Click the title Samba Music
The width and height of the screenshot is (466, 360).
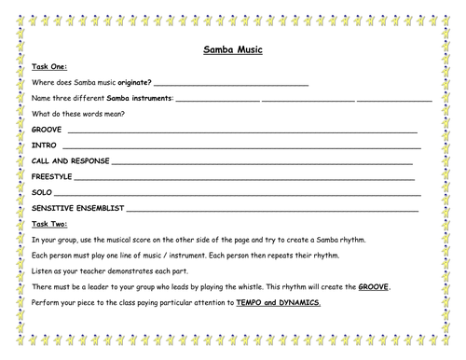pos(232,50)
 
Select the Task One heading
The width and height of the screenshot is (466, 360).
pos(48,67)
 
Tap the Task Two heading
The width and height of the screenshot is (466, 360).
pos(48,225)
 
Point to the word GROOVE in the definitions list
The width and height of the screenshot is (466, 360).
pos(47,131)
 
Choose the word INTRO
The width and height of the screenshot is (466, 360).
pos(44,146)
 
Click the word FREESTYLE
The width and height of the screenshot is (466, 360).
pos(51,177)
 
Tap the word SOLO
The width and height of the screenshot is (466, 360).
pos(42,193)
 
